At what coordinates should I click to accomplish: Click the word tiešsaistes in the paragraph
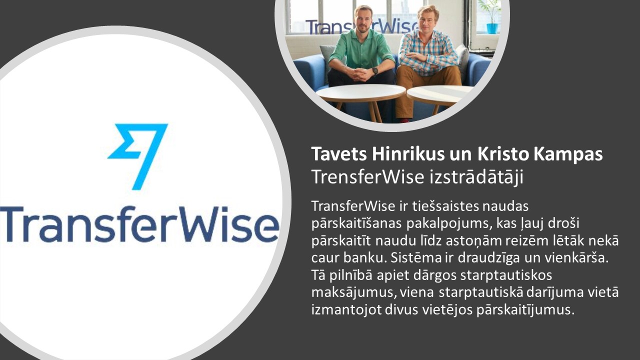pos(445,206)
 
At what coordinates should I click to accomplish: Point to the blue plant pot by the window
pos(492,28)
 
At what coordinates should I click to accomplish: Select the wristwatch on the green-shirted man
pos(375,71)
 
